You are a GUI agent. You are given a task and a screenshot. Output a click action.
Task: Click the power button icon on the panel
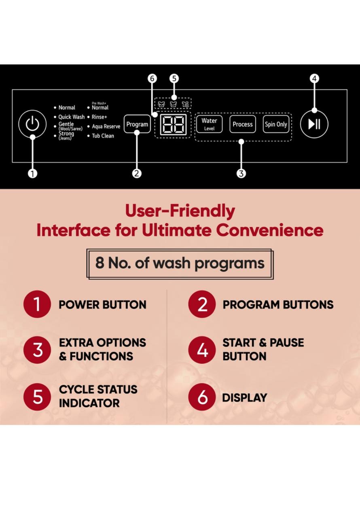[x=32, y=124]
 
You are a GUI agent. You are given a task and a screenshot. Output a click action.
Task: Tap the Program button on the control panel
[x=137, y=124]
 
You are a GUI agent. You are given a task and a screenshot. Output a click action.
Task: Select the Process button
[x=243, y=124]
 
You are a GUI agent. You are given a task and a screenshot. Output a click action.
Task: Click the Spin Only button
[x=276, y=124]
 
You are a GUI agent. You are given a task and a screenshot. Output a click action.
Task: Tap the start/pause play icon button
[x=314, y=124]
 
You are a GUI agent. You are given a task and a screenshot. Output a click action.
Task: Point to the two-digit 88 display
[x=173, y=124]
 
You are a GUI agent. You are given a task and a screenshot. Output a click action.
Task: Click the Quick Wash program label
[x=71, y=117]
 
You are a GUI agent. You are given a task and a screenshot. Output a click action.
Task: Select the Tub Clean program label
[x=103, y=136]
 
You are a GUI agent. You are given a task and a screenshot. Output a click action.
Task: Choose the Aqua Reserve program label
[x=106, y=127]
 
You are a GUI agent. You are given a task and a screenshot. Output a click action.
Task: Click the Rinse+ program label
[x=99, y=117]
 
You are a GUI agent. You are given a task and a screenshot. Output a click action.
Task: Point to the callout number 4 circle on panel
[x=314, y=79]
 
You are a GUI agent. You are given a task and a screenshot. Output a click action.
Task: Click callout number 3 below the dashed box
[x=241, y=173]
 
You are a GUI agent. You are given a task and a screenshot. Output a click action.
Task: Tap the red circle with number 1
[x=37, y=304]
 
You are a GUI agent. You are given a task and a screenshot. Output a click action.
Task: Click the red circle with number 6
[x=202, y=397]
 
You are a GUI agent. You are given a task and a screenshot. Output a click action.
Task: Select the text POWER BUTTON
[x=102, y=305]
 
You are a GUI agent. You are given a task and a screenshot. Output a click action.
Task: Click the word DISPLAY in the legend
[x=244, y=398]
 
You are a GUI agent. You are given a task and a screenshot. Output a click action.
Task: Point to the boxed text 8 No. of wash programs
[x=180, y=263]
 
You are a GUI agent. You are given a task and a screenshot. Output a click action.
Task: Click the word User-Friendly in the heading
[x=180, y=211]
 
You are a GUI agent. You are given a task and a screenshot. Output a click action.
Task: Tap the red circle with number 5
[x=37, y=397]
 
